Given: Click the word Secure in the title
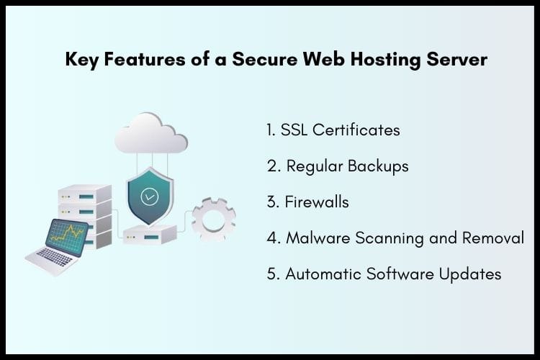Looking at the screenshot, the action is (260, 60).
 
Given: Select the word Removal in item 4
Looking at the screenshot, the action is (495, 238).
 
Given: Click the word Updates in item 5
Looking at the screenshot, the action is (471, 274).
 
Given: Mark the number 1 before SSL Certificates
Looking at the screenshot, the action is (270, 130).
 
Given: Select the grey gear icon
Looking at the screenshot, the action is (214, 218).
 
